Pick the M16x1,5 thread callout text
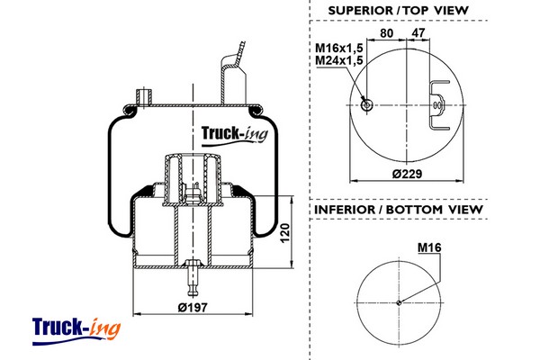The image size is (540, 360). pyautogui.click(x=338, y=47)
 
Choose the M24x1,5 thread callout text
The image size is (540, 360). pyautogui.click(x=338, y=59)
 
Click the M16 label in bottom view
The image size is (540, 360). pyautogui.click(x=427, y=247)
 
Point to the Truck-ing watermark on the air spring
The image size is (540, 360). pyautogui.click(x=232, y=134)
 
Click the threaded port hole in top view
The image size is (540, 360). pyautogui.click(x=367, y=105)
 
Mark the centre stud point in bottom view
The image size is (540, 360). pyautogui.click(x=398, y=302)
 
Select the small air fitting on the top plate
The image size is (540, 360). pyautogui.click(x=140, y=95)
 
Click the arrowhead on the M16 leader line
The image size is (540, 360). pyautogui.click(x=401, y=300)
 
